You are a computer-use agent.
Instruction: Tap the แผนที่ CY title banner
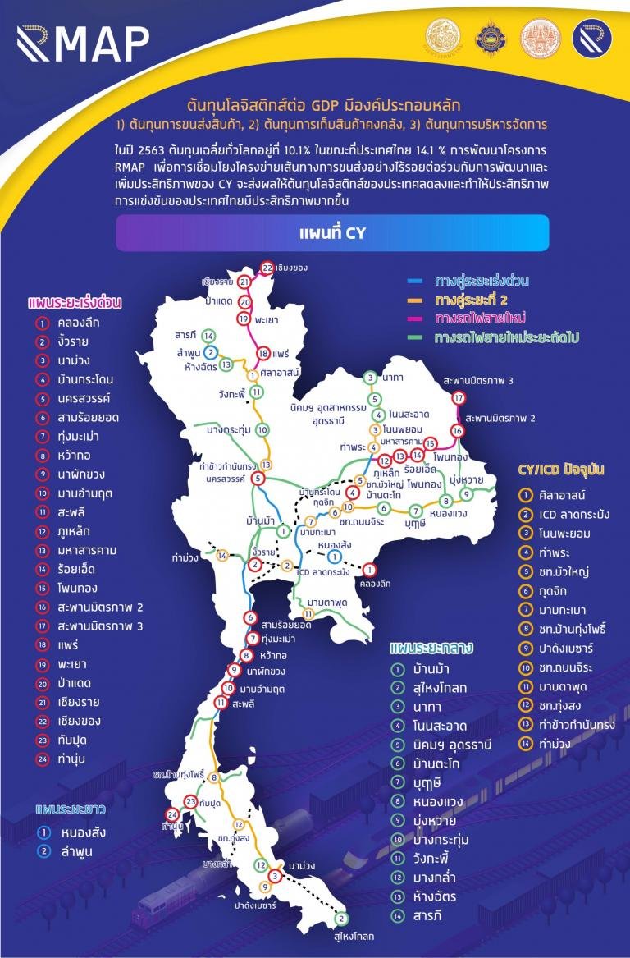(x=332, y=233)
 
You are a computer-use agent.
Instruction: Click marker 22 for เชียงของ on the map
(x=266, y=268)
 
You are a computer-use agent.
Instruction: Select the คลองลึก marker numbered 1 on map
(x=369, y=570)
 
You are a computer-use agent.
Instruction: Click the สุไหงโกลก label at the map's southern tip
(x=354, y=935)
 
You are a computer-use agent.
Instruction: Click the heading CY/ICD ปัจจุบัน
(x=561, y=470)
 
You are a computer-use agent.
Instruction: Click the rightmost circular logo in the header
(x=591, y=40)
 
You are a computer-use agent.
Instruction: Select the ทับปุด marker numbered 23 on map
(x=190, y=801)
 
